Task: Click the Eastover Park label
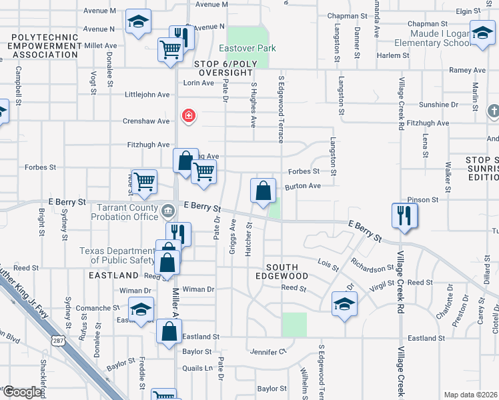point(247,49)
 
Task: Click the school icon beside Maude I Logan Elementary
point(482,33)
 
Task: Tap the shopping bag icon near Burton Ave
point(264,191)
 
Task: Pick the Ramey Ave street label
point(467,70)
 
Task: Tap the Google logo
point(22,392)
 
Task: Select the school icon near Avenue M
point(139,23)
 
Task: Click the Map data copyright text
point(470,395)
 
